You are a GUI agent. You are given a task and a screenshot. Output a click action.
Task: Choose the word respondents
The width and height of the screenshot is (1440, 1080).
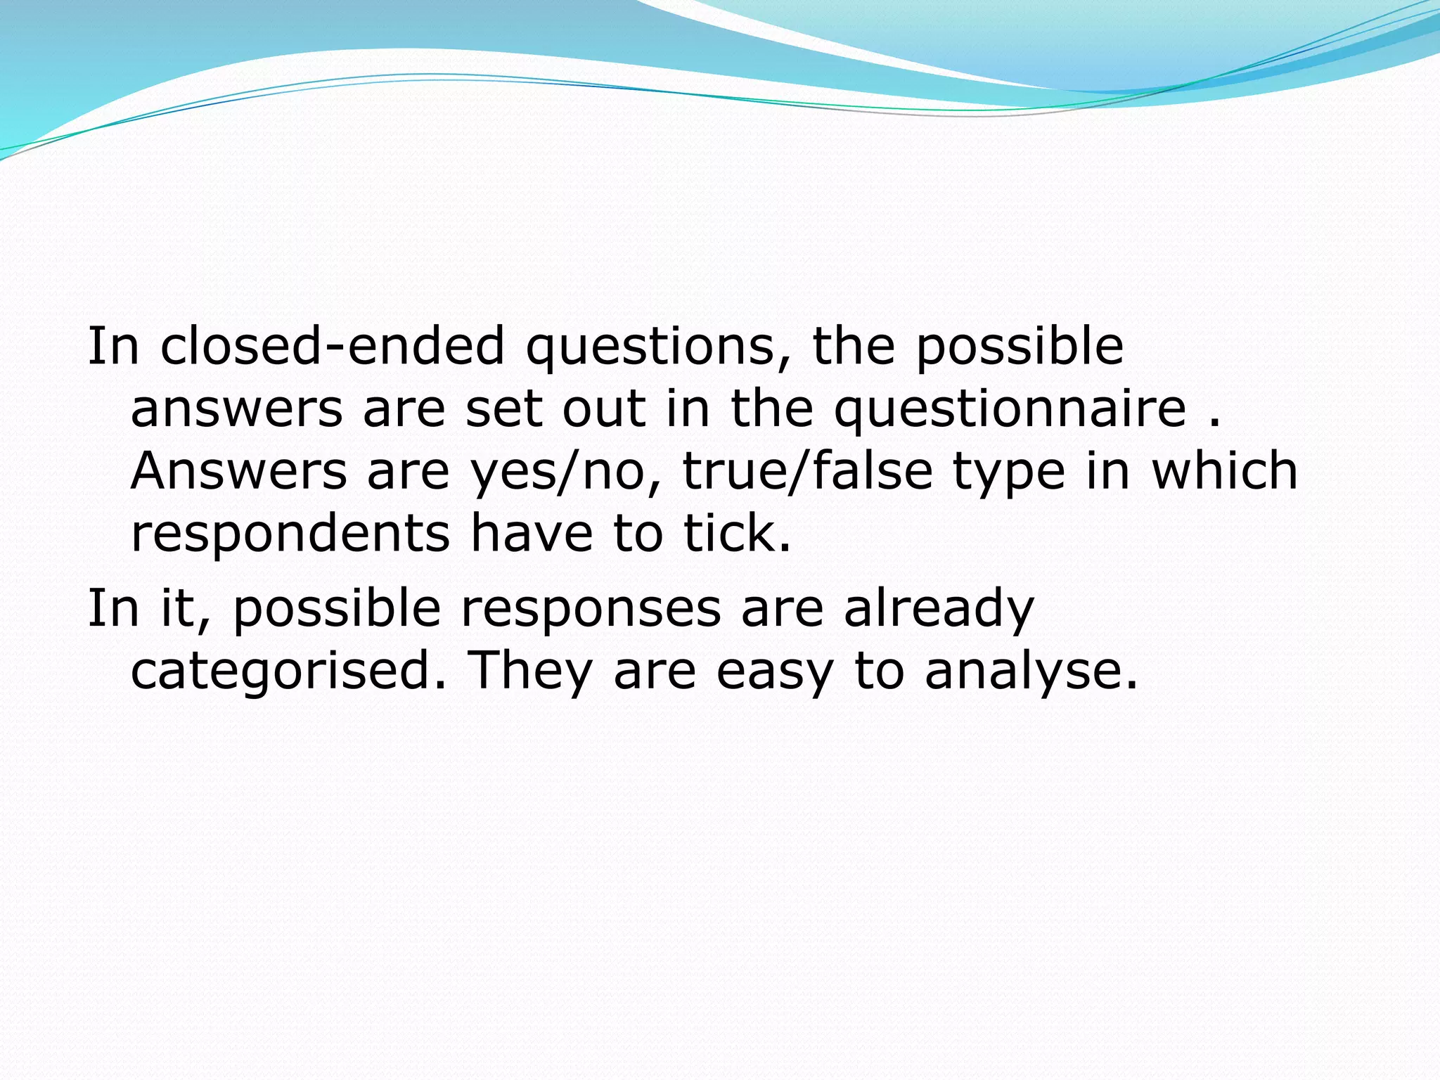pyautogui.click(x=290, y=534)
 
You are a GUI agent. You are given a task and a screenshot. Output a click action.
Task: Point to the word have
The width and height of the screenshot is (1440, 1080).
pyautogui.click(x=532, y=532)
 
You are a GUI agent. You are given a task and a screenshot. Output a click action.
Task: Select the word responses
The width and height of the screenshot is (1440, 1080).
pyautogui.click(x=591, y=609)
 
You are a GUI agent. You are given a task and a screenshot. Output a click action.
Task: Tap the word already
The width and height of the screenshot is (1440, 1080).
pyautogui.click(x=939, y=609)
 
